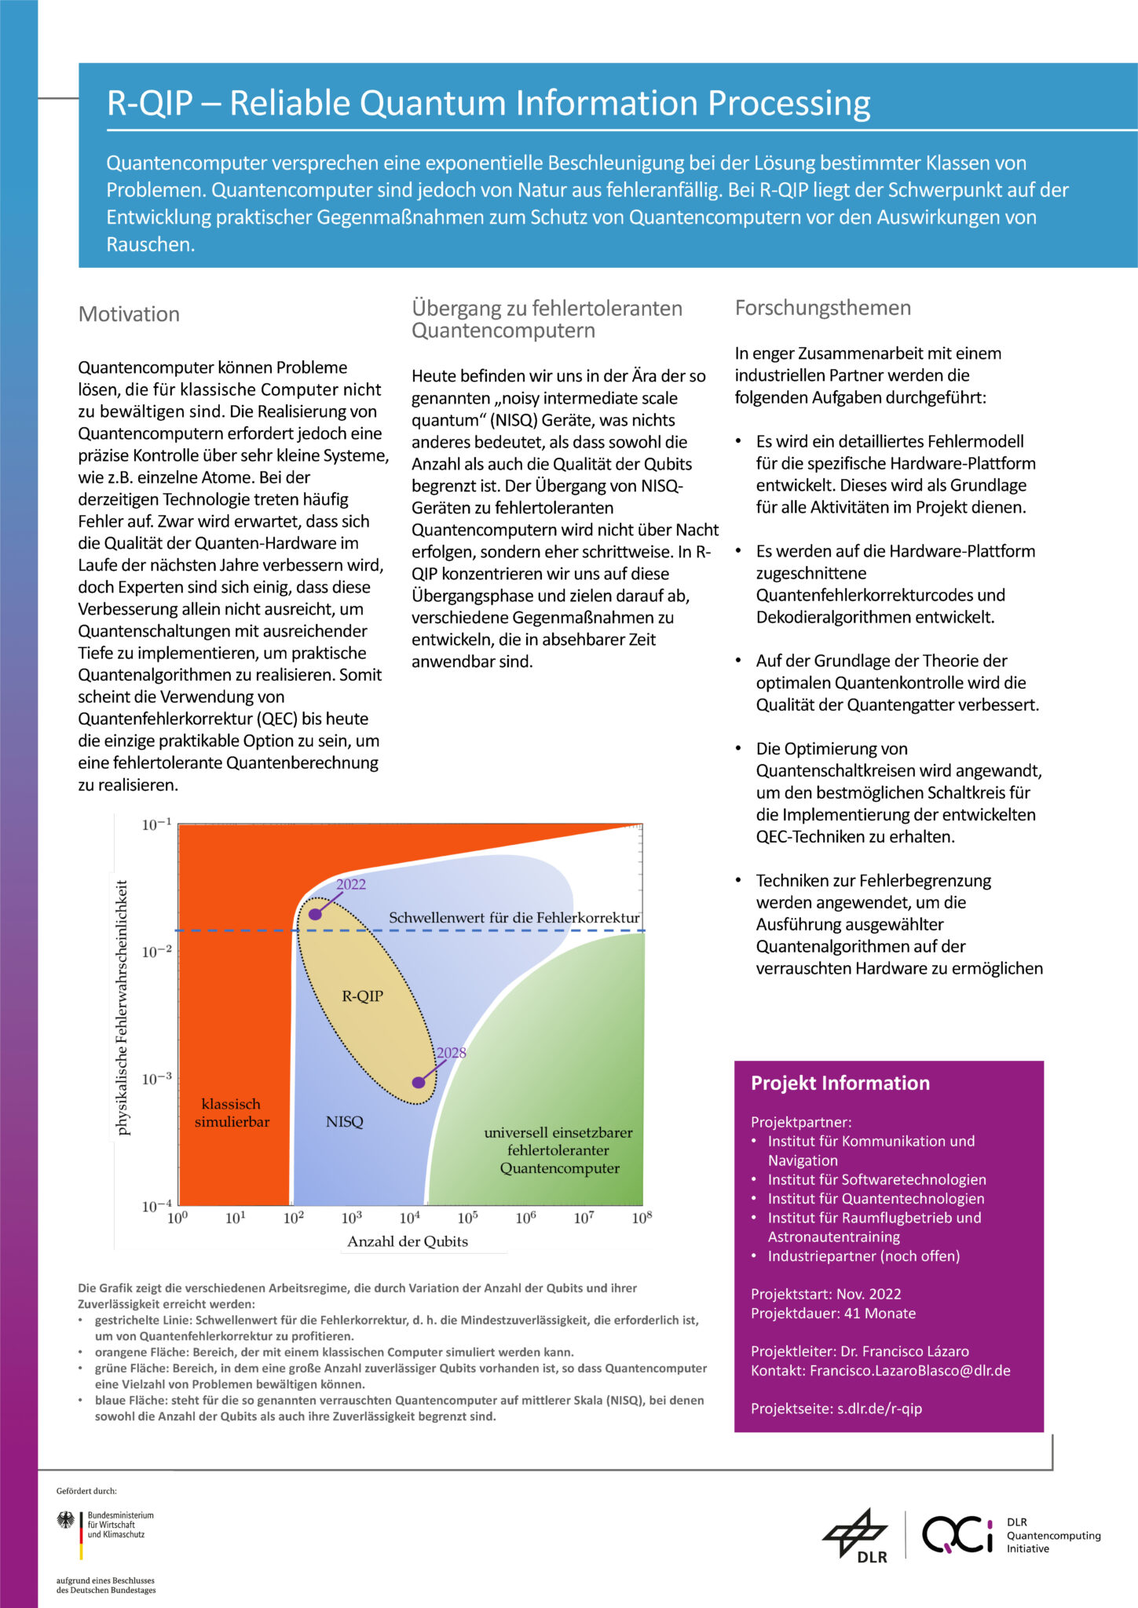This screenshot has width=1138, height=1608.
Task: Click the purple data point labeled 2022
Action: point(315,914)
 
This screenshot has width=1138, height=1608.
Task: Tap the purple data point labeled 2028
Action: point(419,1082)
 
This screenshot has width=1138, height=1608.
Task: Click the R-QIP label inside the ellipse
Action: point(362,996)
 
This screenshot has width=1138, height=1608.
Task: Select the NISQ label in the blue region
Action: point(344,1121)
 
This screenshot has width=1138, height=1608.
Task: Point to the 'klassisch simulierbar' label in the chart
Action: point(232,1113)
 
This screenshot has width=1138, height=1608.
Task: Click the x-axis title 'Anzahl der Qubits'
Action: point(408,1241)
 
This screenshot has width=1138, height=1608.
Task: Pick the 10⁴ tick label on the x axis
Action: point(409,1218)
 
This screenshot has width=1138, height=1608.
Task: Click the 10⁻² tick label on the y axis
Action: point(156,952)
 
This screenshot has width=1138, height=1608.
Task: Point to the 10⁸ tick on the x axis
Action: point(642,1218)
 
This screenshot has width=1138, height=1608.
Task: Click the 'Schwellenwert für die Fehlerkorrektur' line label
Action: point(514,917)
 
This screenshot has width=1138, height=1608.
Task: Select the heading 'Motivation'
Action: point(129,314)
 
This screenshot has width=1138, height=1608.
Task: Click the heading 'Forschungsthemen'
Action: point(822,308)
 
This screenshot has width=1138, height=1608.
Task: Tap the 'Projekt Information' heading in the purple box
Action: point(840,1083)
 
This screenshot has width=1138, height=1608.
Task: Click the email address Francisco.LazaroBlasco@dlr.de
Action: point(909,1370)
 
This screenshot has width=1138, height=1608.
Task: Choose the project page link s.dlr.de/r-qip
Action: point(879,1409)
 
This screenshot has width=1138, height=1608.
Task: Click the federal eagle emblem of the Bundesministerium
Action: point(66,1520)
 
